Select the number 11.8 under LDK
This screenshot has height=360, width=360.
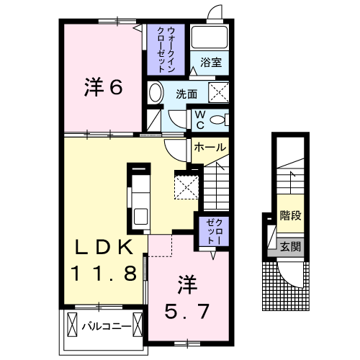pos(104,274)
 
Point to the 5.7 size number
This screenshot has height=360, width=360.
pos(189,312)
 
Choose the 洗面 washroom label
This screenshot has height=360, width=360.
pos(186,93)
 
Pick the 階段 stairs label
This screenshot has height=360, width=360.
pos(290,215)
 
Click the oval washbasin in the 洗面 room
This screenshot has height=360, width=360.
pos(156,92)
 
